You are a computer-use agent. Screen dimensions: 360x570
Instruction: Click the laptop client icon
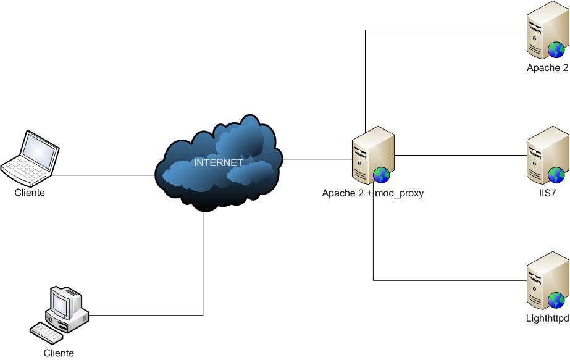[x=31, y=157]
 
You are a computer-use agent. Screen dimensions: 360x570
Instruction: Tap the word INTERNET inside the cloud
[x=218, y=163]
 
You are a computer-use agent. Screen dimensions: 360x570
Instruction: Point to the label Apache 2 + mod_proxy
[x=372, y=193]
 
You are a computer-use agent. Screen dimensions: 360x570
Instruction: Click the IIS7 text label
[x=548, y=193]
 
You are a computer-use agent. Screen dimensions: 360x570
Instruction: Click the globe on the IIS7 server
[x=556, y=174]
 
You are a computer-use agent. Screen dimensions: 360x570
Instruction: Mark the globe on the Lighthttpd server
[x=556, y=301]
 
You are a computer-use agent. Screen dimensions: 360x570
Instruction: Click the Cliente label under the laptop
[x=30, y=193]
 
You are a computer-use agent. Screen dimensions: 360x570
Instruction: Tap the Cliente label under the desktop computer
[x=59, y=353]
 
